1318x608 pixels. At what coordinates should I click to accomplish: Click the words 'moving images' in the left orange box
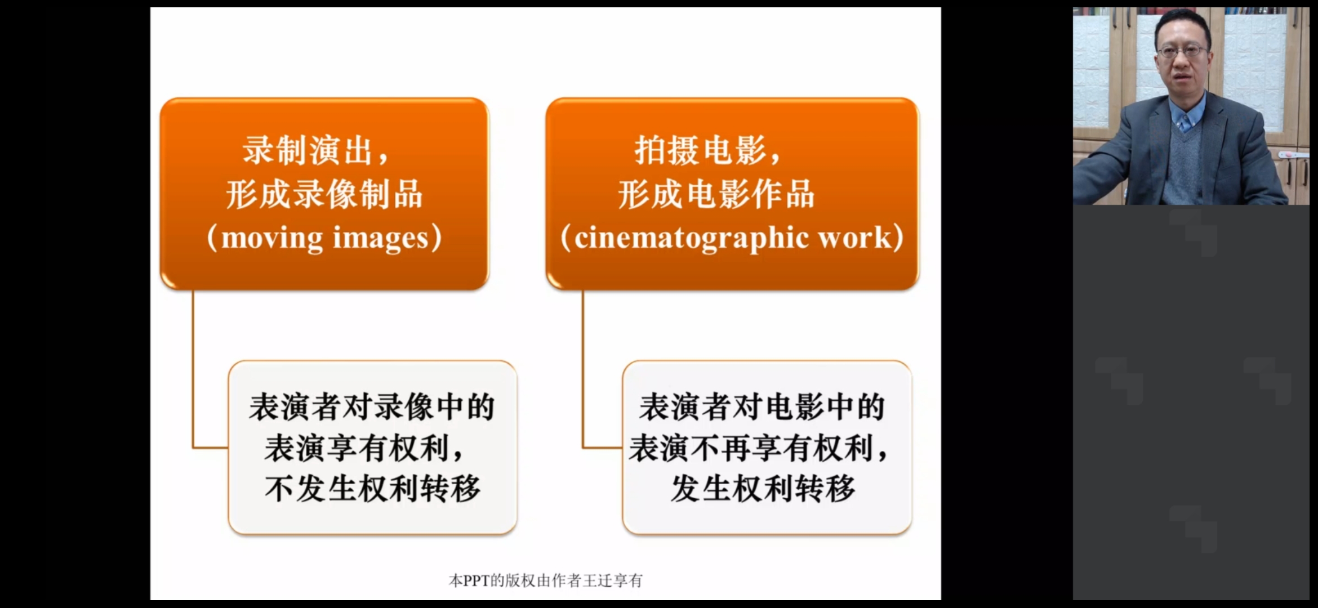[x=324, y=238]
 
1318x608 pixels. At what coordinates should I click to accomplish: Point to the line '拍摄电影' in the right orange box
[x=700, y=150]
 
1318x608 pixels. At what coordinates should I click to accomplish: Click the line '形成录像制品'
[x=324, y=194]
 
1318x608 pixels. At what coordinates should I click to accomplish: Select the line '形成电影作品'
[x=716, y=194]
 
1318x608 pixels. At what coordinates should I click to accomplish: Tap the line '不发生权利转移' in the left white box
[x=372, y=488]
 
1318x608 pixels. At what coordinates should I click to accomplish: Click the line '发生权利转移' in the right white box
[x=763, y=488]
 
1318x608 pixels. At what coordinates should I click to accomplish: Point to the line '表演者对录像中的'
[x=372, y=407]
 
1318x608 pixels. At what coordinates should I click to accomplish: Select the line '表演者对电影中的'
[x=762, y=407]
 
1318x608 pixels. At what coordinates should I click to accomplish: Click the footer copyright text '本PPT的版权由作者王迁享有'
[x=545, y=580]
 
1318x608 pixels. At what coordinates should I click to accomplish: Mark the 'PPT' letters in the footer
[x=477, y=580]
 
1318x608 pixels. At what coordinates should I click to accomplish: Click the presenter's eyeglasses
[x=1182, y=51]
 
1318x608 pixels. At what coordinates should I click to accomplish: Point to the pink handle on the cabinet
[x=1293, y=154]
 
